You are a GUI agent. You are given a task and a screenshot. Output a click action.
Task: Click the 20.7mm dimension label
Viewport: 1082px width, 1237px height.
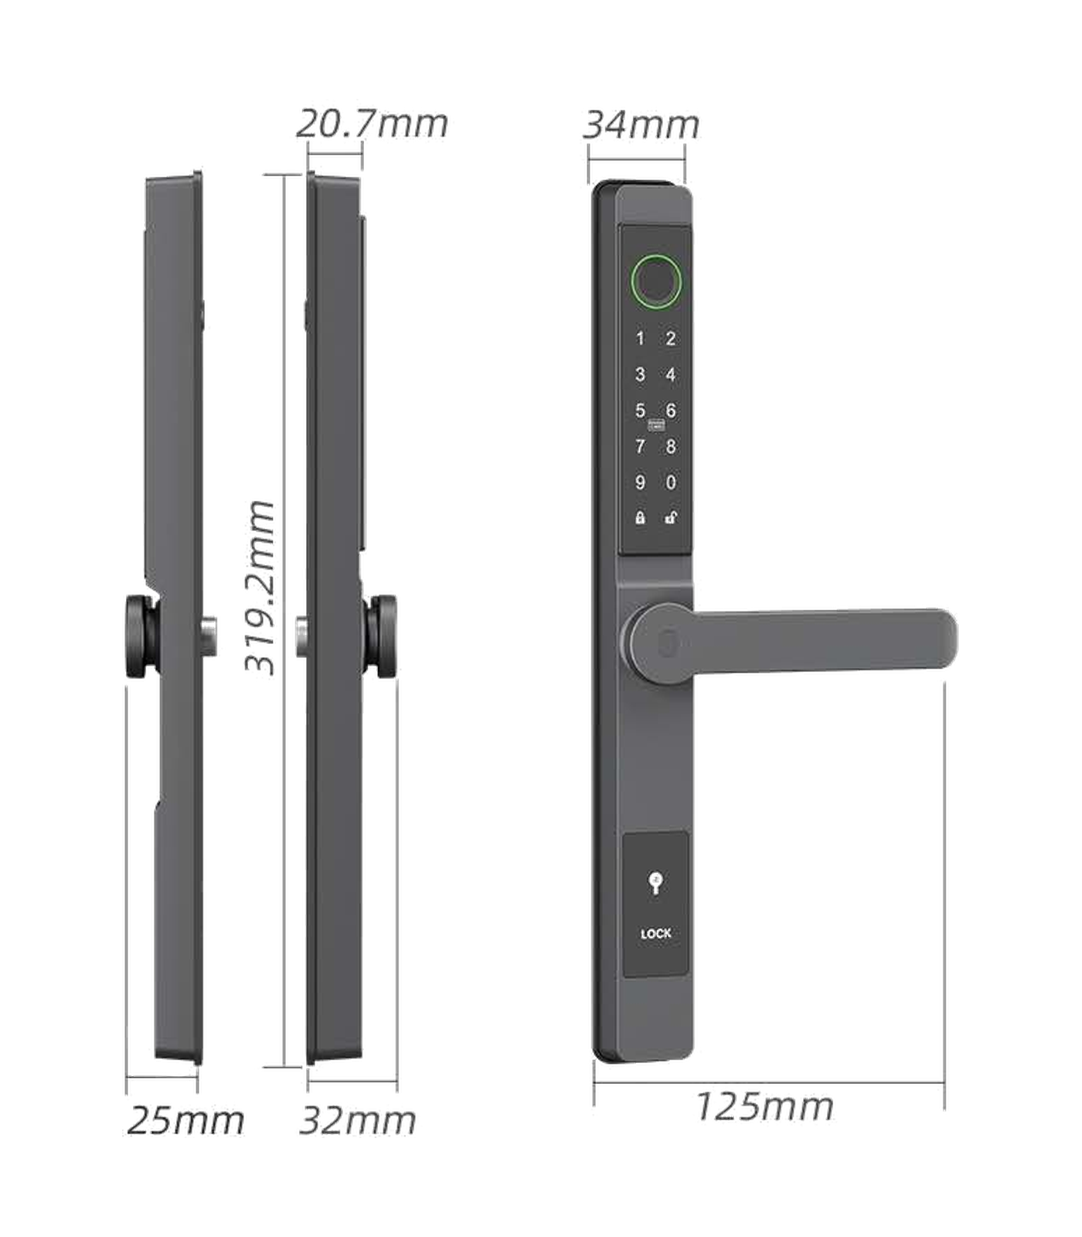(372, 124)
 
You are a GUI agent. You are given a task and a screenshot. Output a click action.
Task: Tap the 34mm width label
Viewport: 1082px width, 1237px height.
(641, 124)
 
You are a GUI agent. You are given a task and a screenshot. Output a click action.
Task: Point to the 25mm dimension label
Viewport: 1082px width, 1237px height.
(185, 1120)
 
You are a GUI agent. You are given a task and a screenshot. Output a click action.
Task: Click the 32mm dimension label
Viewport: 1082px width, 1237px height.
(357, 1120)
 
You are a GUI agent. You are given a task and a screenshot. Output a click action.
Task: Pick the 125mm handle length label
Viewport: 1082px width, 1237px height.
(764, 1106)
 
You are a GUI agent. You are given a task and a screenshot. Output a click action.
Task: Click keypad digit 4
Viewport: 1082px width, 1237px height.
(671, 375)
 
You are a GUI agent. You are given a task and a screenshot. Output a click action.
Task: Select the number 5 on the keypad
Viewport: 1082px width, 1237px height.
(640, 411)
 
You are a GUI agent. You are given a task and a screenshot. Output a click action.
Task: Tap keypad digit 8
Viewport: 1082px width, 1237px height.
(671, 447)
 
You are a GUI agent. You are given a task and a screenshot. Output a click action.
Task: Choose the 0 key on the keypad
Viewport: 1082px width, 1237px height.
(671, 482)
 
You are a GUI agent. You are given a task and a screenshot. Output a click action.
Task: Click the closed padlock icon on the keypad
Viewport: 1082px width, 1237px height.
(640, 518)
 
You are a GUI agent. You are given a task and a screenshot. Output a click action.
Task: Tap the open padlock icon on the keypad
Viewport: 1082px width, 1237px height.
(671, 518)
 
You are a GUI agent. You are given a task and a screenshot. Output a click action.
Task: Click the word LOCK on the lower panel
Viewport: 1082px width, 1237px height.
(656, 934)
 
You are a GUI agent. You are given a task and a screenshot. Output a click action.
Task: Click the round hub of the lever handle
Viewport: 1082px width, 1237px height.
(661, 642)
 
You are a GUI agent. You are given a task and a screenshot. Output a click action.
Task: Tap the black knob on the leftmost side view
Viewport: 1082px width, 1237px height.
(142, 636)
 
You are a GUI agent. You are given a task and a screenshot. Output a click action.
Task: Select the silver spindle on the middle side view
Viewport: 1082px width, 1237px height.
(302, 637)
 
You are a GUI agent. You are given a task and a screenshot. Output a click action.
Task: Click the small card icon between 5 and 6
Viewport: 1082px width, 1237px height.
(656, 424)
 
